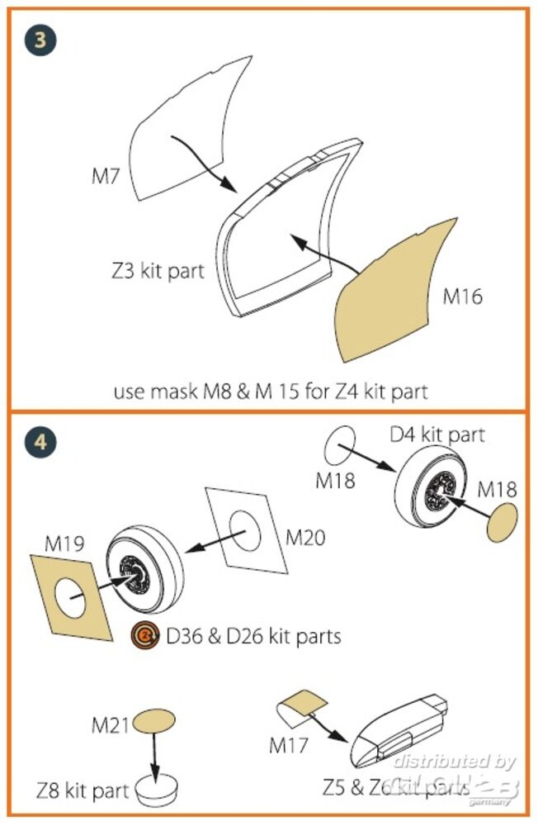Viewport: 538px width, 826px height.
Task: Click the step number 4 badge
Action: pyautogui.click(x=37, y=443)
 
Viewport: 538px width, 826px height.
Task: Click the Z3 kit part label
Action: pyautogui.click(x=159, y=270)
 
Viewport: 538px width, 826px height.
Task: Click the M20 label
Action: pyautogui.click(x=304, y=538)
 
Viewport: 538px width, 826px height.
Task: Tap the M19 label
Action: pyautogui.click(x=64, y=544)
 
